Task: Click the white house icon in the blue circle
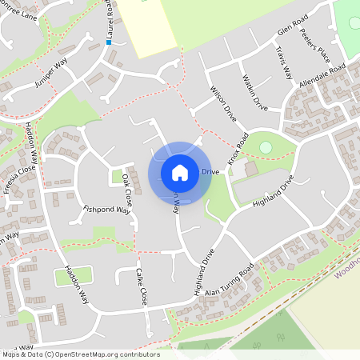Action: point(179,172)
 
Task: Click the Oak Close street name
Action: point(126,193)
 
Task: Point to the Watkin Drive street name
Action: point(254,91)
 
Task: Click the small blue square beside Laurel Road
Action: point(108,42)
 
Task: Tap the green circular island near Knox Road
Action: point(266,147)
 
